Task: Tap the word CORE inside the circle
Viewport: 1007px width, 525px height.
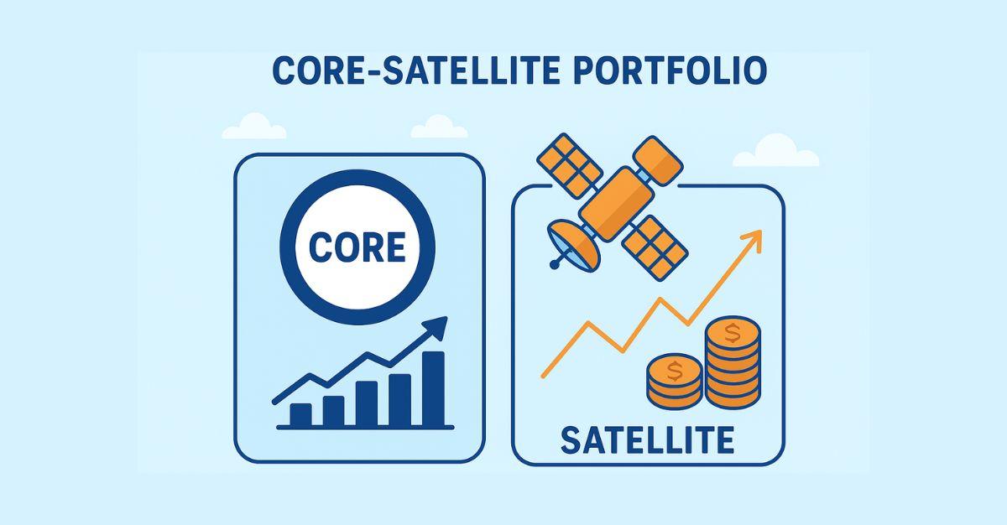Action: point(357,247)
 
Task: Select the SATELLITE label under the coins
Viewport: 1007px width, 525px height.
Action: point(647,439)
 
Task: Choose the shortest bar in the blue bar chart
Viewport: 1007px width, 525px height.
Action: point(300,413)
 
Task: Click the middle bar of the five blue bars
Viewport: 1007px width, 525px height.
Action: point(367,403)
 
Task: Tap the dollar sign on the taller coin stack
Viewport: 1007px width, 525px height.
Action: point(732,334)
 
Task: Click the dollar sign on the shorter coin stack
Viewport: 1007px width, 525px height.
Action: point(674,367)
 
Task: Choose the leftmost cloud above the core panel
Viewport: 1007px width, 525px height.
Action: point(254,127)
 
